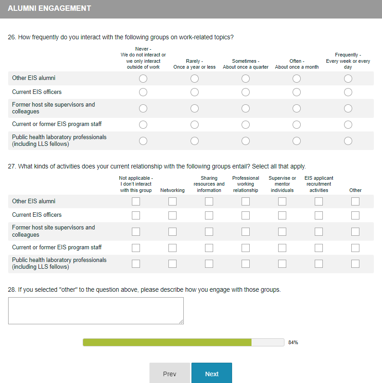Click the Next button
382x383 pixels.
pyautogui.click(x=211, y=374)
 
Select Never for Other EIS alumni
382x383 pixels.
pyautogui.click(x=143, y=79)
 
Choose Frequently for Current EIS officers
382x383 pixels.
pyautogui.click(x=348, y=92)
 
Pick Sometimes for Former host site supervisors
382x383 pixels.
pyautogui.click(x=246, y=108)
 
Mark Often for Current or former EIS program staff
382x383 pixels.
pyautogui.click(x=297, y=125)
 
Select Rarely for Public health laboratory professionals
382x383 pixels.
pyautogui.click(x=195, y=141)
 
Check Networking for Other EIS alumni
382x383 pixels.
pyautogui.click(x=172, y=201)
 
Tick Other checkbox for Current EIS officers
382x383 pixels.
pyautogui.click(x=355, y=215)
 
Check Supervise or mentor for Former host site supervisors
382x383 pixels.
pyautogui.click(x=282, y=232)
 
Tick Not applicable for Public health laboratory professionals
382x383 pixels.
pyautogui.click(x=136, y=264)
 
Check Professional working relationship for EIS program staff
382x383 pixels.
pyautogui.click(x=246, y=248)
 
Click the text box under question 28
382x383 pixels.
pyautogui.click(x=96, y=310)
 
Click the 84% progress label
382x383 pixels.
pyautogui.click(x=293, y=342)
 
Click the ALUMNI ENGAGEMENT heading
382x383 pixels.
pyautogui.click(x=49, y=9)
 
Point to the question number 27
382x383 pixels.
pyautogui.click(x=12, y=166)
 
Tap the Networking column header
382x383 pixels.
pyautogui.click(x=172, y=190)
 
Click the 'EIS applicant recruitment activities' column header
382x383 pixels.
pyautogui.click(x=319, y=184)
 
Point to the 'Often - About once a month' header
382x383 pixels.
pyautogui.click(x=297, y=64)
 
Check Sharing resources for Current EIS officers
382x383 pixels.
pyautogui.click(x=209, y=215)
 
